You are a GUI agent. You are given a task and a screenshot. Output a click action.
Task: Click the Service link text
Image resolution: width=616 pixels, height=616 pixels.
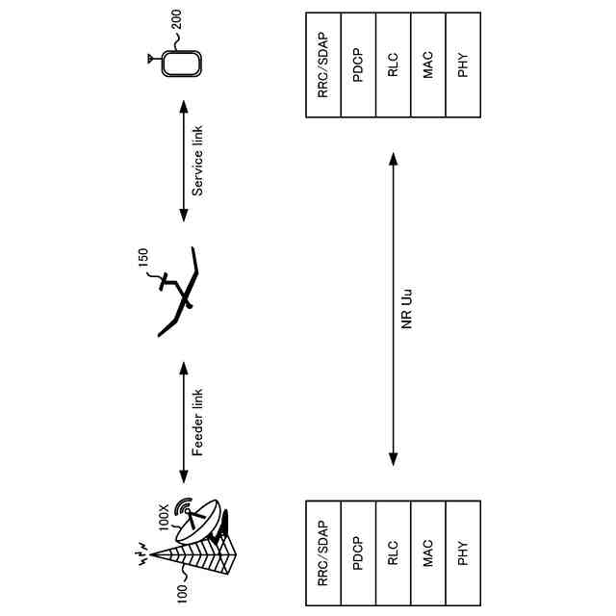(x=197, y=161)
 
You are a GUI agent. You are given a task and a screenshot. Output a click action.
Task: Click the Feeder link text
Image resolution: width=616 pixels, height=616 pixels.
(x=197, y=423)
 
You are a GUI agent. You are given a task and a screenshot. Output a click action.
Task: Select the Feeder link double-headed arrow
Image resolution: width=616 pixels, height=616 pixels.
(x=183, y=423)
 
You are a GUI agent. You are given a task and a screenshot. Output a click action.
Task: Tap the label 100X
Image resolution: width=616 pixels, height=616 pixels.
(x=165, y=517)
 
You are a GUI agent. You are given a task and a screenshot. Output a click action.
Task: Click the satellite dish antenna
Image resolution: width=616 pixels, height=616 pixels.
(x=200, y=521)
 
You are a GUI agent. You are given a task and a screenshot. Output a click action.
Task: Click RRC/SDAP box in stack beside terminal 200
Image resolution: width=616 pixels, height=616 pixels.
(x=322, y=64)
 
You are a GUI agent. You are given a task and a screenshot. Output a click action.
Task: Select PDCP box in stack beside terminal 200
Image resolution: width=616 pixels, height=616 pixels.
(x=358, y=64)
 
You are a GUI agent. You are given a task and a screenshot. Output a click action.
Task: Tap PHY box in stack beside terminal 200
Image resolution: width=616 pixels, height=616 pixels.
(x=463, y=64)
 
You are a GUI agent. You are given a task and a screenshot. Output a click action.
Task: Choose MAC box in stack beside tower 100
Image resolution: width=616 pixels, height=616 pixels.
(x=428, y=553)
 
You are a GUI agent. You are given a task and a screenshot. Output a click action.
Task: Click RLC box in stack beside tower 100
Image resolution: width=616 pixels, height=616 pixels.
(x=393, y=553)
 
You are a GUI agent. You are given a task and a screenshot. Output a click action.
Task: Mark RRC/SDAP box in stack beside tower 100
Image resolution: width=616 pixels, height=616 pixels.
(x=322, y=553)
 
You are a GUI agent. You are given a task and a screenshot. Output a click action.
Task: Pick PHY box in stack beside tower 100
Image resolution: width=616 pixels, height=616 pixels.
(x=463, y=553)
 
